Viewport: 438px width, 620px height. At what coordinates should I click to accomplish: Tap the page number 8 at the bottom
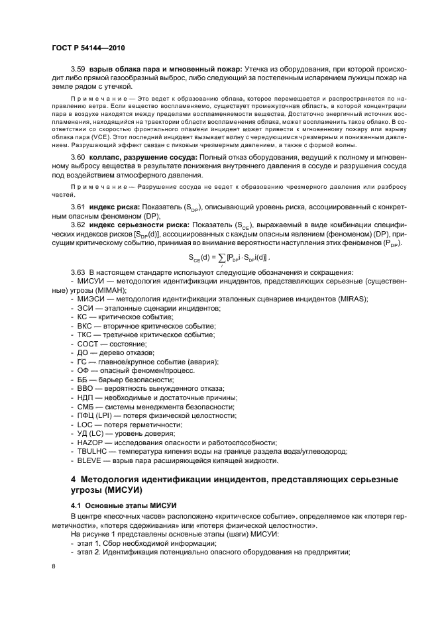tap(53, 566)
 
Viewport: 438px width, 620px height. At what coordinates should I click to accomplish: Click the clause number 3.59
tap(79, 69)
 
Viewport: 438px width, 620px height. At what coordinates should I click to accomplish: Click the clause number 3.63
tap(79, 273)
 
